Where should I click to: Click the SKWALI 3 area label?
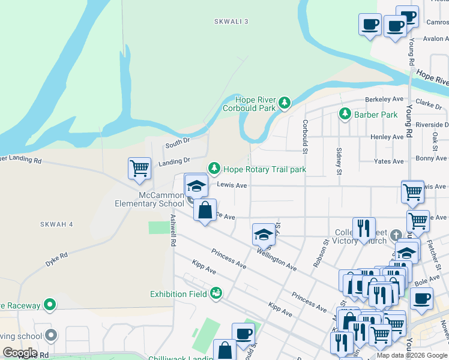(x=231, y=22)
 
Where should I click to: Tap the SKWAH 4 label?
(x=56, y=224)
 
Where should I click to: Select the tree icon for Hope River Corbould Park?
(x=285, y=104)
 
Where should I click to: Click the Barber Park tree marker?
(x=345, y=114)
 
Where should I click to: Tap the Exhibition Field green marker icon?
(x=216, y=293)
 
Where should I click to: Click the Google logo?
(x=20, y=353)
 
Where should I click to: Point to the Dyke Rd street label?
(x=56, y=259)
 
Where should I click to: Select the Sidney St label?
(x=339, y=162)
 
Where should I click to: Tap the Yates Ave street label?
(x=388, y=161)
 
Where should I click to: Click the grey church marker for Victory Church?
(x=395, y=234)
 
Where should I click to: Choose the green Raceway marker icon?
(x=50, y=305)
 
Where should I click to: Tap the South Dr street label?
(x=177, y=143)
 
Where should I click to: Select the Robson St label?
(x=319, y=254)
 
